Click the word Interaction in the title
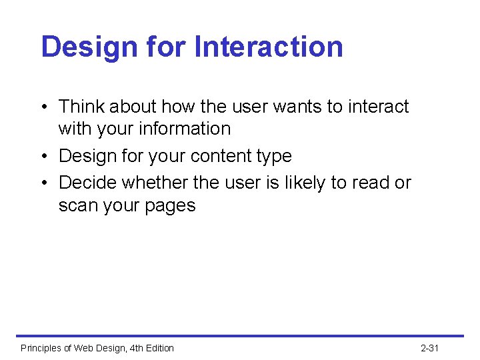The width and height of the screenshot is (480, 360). tap(269, 47)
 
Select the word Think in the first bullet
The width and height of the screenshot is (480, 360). tap(82, 107)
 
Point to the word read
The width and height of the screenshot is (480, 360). tap(371, 183)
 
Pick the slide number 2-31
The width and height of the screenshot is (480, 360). tap(429, 348)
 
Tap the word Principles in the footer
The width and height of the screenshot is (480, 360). tap(41, 348)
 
